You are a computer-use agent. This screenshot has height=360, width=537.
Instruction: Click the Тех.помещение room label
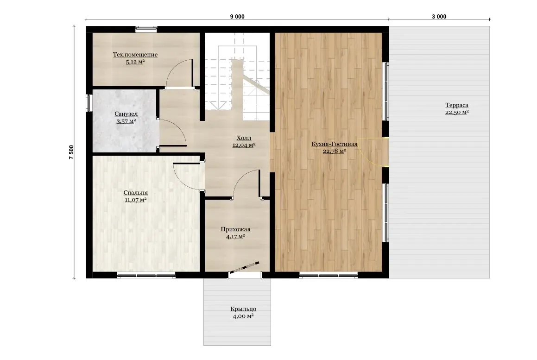[x=135, y=55]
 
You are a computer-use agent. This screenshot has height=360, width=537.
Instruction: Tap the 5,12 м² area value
[x=135, y=62]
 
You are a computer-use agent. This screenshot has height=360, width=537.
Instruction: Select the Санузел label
[x=126, y=114]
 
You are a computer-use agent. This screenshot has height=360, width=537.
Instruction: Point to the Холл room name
[x=244, y=138]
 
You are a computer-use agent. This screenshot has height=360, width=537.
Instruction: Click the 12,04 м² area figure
[x=244, y=145]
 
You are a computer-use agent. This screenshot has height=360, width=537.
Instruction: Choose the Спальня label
[x=136, y=192]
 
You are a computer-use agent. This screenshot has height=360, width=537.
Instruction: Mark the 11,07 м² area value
[x=136, y=200]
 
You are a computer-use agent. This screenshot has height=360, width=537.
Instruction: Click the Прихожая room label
[x=236, y=229]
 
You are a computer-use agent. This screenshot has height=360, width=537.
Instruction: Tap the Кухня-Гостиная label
[x=334, y=144]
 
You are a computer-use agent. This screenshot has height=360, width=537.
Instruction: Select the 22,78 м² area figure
[x=334, y=151]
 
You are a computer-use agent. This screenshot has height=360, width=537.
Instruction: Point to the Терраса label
[x=457, y=105]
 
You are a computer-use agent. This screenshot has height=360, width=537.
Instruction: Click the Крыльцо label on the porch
[x=243, y=309]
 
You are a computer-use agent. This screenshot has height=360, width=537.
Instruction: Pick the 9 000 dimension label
[x=237, y=16]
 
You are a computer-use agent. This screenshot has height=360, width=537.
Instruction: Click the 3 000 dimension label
[x=439, y=16]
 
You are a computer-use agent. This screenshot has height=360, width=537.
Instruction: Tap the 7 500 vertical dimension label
[x=71, y=152]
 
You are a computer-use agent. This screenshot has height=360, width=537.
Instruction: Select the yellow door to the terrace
[x=373, y=152]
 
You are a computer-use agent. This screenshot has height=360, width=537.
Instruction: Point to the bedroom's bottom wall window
[x=146, y=274]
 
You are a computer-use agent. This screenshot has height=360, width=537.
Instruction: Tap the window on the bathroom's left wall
[x=88, y=103]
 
